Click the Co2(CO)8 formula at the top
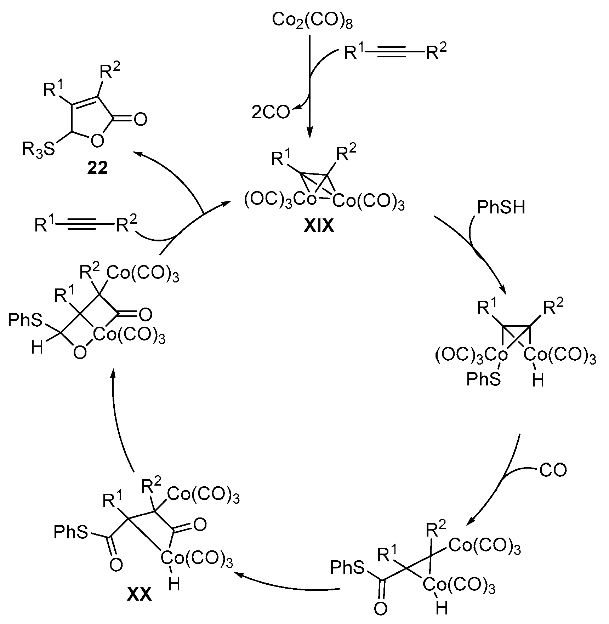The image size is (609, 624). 312,21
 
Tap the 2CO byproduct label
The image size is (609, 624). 271,113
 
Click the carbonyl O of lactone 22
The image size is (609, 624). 141,119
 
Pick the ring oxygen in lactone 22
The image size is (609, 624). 97,141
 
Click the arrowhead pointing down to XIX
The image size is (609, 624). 310,134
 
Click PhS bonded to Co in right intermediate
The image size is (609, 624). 483,379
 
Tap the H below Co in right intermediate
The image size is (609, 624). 538,381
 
